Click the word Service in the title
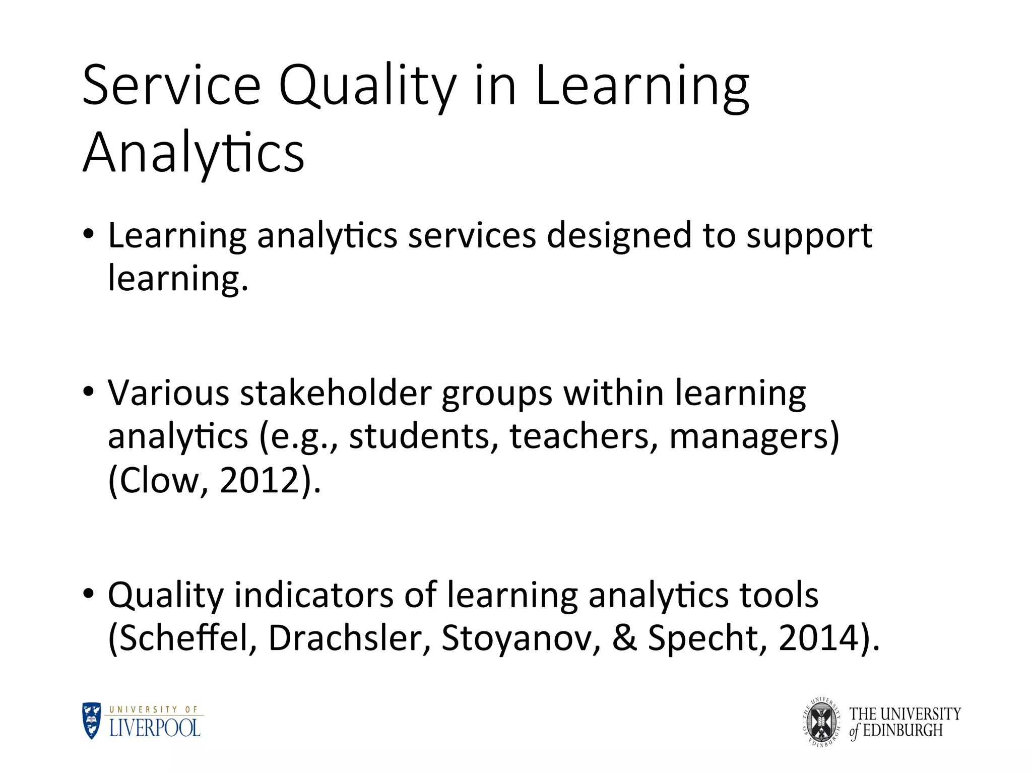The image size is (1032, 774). (x=171, y=86)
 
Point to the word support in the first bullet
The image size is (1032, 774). (x=809, y=237)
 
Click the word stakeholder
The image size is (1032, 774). (x=336, y=393)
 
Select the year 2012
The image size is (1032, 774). (x=260, y=480)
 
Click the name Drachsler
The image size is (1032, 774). (x=349, y=638)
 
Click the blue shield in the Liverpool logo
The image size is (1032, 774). (x=92, y=721)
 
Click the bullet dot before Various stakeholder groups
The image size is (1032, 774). (x=89, y=392)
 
